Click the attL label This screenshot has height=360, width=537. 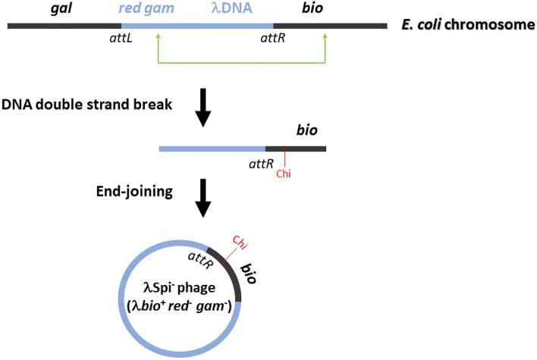click(121, 39)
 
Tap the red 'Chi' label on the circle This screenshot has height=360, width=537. click(240, 243)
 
